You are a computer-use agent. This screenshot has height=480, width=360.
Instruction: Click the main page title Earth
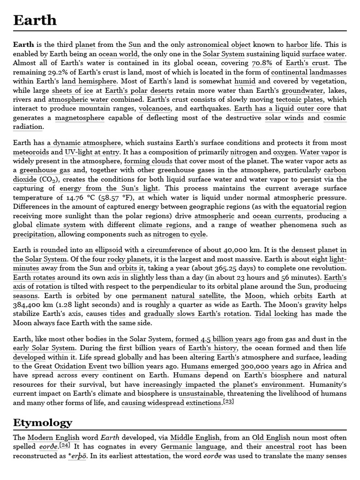coord(35,20)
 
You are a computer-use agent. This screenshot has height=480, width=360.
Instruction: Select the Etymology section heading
coord(43,422)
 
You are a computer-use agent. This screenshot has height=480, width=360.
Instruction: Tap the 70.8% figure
coord(262,63)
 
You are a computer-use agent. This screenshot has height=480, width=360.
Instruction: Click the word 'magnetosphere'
coord(80,118)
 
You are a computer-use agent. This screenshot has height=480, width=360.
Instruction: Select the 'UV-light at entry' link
coord(92,152)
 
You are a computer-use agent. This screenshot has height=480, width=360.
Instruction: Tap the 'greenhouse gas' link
coord(45,170)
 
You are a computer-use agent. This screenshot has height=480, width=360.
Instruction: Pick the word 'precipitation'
coord(34,234)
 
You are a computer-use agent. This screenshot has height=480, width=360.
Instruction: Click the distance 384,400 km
coord(30,305)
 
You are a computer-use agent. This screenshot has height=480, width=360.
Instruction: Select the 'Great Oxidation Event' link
coord(70,366)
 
